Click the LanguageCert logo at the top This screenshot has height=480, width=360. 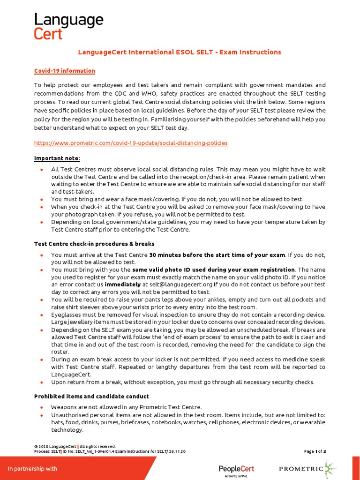pos(68,26)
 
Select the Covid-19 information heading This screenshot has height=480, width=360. pos(65,71)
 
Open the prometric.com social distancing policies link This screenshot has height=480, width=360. pos(131,142)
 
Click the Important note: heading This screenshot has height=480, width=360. pos(57,158)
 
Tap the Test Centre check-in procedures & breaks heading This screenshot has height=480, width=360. pos(94,244)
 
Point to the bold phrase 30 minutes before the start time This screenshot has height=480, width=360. pos(217,255)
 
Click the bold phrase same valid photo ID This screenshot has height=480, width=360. pos(213,270)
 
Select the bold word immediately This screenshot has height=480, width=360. pos(122,284)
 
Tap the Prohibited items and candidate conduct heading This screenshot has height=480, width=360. pos(91,396)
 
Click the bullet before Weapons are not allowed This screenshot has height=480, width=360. pos(42,407)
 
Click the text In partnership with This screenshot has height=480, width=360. pos(32,469)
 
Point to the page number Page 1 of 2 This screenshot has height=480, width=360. pos(315,451)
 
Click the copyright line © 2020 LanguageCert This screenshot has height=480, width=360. pos(75,446)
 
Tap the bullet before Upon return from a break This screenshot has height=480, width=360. pos(42,382)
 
